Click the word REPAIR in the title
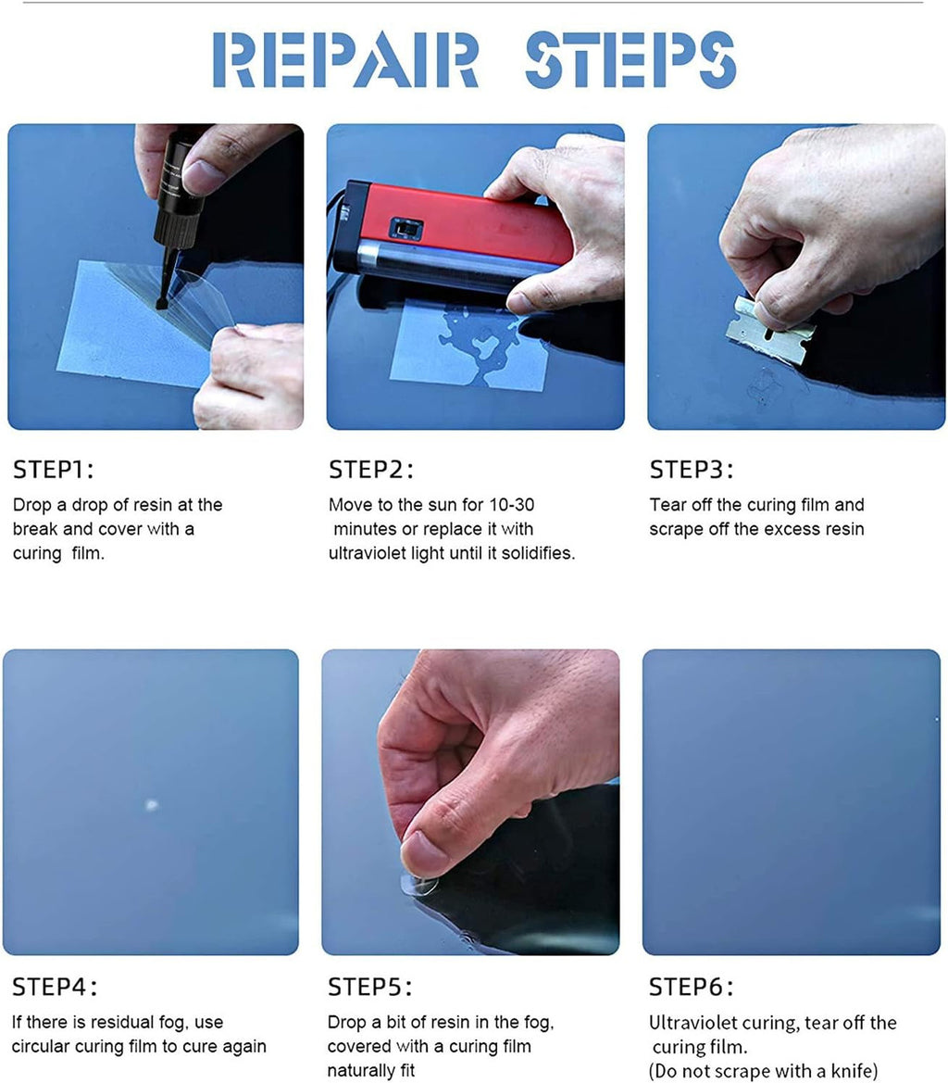pos(345,60)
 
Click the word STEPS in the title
pos(630,60)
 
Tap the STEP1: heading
pos(53,470)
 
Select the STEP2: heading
pos(371,470)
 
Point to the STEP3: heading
pos(692,470)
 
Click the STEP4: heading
pos(55,987)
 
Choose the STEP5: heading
pos(369,987)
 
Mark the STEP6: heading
pos(691,987)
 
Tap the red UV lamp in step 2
pos(452,234)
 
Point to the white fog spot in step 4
pos(152,804)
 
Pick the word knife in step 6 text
pos(854,1071)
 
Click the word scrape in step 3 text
pos(674,530)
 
